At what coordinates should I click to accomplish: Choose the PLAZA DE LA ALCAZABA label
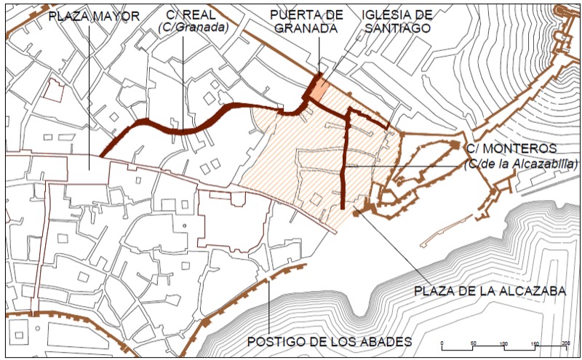click(x=490, y=291)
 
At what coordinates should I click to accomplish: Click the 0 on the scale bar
click(x=442, y=343)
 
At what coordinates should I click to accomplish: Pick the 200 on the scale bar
click(x=565, y=343)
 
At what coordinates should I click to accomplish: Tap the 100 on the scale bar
click(x=503, y=343)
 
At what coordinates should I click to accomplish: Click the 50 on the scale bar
click(x=473, y=343)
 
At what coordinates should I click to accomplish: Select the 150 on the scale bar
click(x=535, y=343)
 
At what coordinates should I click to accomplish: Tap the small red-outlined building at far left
click(x=52, y=91)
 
